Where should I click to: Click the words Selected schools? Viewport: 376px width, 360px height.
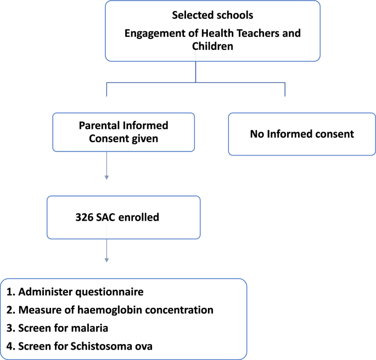(212, 15)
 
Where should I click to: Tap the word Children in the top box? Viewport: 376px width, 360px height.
(212, 47)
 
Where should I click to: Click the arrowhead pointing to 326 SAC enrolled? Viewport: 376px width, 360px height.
(106, 177)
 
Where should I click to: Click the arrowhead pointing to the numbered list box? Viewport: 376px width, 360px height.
(106, 260)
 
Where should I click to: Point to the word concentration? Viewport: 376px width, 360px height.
(179, 310)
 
